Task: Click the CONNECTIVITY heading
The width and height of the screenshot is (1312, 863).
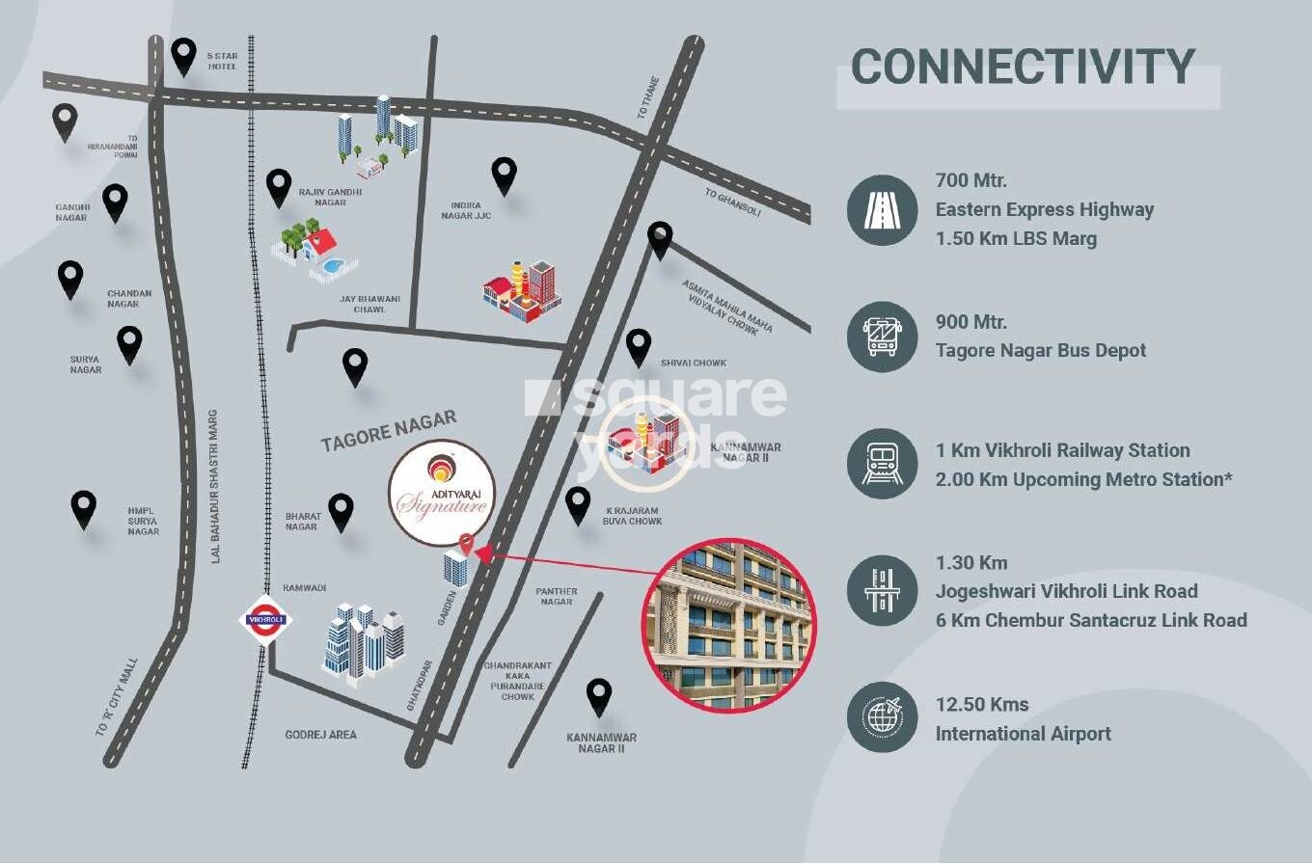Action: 1023,67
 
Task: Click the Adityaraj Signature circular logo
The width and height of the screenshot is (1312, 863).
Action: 441,492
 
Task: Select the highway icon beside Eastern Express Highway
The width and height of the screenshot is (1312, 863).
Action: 882,209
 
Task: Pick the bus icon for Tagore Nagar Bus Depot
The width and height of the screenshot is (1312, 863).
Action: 882,337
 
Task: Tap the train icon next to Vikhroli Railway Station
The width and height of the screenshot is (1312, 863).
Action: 882,464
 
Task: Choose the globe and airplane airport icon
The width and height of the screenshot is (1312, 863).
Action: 882,717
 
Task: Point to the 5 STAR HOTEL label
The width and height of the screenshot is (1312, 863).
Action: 222,61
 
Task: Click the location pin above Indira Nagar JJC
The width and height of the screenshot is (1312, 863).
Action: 504,175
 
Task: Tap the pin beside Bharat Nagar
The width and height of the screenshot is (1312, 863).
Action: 341,512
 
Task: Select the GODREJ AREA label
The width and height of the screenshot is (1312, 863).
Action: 320,735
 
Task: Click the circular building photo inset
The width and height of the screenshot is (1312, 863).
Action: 729,626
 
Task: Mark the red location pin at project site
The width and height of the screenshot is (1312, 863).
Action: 467,545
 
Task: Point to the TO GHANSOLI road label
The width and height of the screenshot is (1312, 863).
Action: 732,202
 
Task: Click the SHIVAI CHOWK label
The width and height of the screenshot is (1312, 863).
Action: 694,364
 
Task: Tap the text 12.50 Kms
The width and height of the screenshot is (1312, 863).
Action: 982,705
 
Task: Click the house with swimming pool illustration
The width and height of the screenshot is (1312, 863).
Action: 314,250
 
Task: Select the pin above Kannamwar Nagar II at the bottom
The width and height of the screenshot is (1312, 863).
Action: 599,696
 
